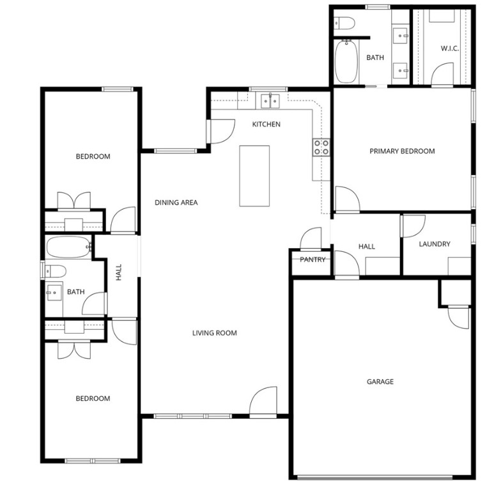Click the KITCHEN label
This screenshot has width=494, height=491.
(x=266, y=124)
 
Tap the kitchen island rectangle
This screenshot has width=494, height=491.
(x=254, y=176)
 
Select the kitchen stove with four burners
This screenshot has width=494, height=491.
(x=321, y=148)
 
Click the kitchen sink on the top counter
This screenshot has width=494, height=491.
(x=270, y=101)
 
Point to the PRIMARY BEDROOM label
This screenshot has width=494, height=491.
(x=402, y=152)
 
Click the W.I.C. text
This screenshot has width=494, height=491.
(x=450, y=49)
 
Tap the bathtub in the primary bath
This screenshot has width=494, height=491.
(x=346, y=61)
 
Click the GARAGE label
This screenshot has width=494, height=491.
(x=380, y=382)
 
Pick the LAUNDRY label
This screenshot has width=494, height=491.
(x=435, y=244)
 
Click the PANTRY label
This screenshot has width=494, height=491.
(x=313, y=260)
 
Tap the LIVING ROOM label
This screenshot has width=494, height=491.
(x=215, y=333)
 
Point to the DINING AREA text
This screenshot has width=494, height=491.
(x=176, y=203)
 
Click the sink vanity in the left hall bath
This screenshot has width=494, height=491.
(x=54, y=293)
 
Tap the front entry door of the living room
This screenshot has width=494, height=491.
(x=263, y=403)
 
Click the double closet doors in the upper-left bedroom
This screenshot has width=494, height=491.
(x=74, y=200)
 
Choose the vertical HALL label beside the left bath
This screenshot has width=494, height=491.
(x=118, y=272)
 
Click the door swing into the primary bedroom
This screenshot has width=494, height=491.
(x=346, y=199)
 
